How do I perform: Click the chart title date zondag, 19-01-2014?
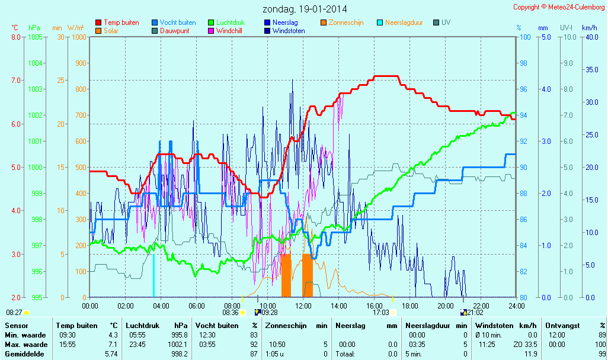[x=305, y=9]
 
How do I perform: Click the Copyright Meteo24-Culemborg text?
[x=559, y=7]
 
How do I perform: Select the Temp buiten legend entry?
[x=121, y=22]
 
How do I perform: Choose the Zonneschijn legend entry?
[x=345, y=22]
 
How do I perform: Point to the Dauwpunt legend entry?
[x=175, y=31]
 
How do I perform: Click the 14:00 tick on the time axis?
[x=339, y=306]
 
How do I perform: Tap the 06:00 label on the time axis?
[x=197, y=306]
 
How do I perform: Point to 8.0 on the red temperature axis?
[x=17, y=37]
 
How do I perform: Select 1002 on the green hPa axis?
[x=35, y=115]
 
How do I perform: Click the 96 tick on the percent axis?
[x=523, y=89]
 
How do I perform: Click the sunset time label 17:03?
[x=380, y=313]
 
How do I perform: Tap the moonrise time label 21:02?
[x=475, y=313]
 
